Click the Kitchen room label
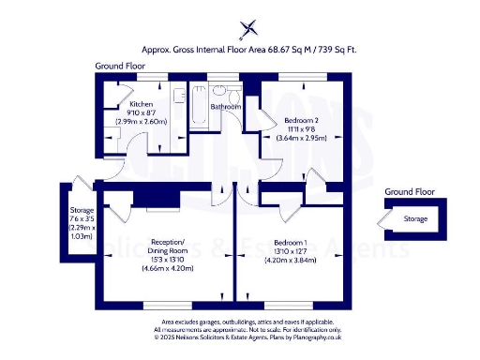point(142,103)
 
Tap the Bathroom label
point(225,107)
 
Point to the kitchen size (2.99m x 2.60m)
point(142,121)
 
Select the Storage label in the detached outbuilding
point(415,218)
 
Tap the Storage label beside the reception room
point(82,211)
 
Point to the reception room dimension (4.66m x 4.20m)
point(172,267)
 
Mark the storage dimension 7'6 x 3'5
point(82,219)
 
